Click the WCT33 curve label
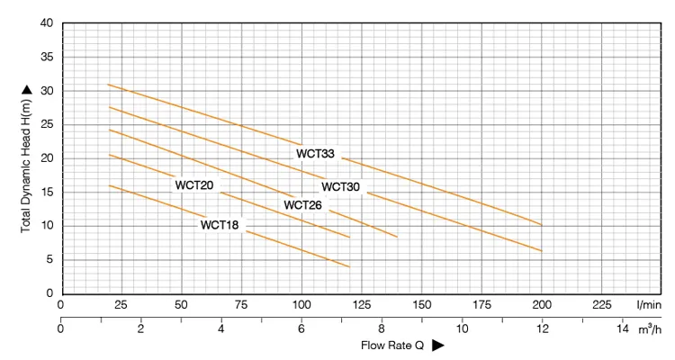pos(315,154)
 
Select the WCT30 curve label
pos(340,187)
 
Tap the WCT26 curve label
pos(302,205)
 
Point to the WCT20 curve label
pos(193,185)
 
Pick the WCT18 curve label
pos(220,225)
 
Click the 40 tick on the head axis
pos(46,23)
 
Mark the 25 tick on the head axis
pos(46,124)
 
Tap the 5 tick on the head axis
pos(49,260)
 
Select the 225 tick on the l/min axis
pos(601,305)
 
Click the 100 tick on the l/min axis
pos(301,305)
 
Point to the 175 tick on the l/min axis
pos(481,305)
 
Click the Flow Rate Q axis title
pos(393,345)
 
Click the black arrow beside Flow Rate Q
pos(438,345)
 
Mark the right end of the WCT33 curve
pos(541,225)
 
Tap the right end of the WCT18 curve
pos(349,266)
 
